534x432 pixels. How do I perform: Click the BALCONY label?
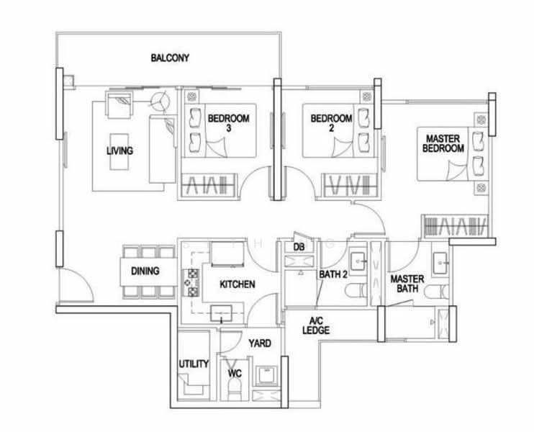point(170,58)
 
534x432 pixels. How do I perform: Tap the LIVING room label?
point(119,151)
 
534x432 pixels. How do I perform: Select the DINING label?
point(145,271)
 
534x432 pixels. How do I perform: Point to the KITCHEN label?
point(237,285)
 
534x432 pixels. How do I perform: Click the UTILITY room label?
point(194,364)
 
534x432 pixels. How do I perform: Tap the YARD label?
point(259,343)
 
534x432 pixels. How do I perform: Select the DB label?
point(299,247)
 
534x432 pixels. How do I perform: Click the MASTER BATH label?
point(407,284)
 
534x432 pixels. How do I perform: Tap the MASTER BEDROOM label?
point(444,143)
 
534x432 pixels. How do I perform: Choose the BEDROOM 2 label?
point(331,123)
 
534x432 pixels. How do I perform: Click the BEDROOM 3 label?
point(228,123)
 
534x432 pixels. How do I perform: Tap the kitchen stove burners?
point(192,282)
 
